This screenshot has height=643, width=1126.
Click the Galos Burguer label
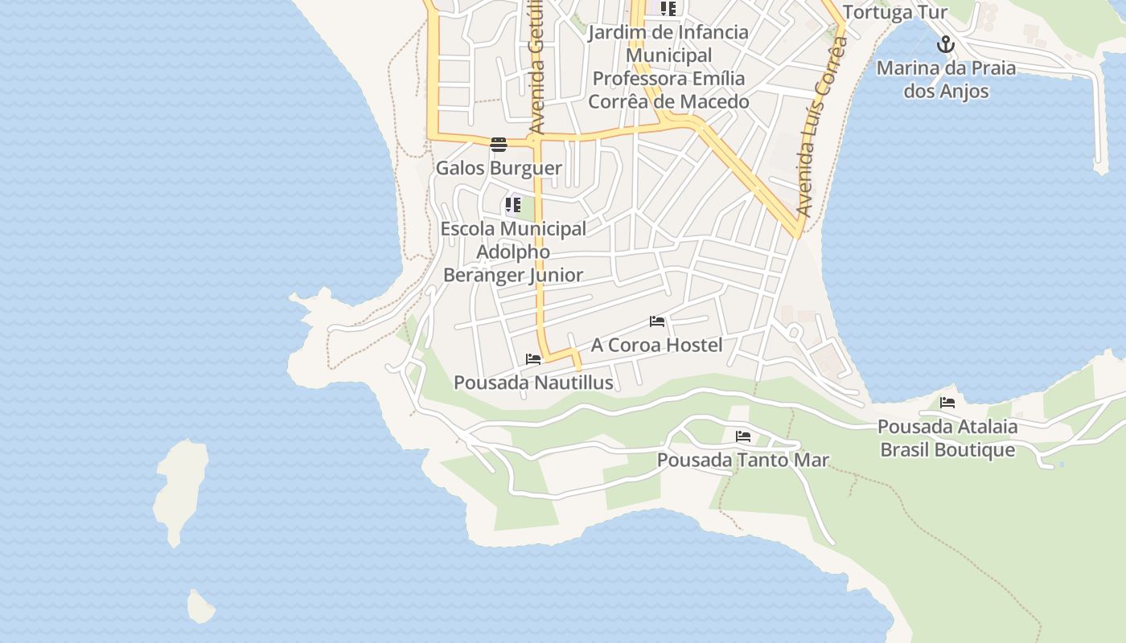coord(499,169)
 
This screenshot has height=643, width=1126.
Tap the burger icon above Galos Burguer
coord(499,145)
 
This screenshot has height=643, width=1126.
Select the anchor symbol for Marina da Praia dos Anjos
coord(946,44)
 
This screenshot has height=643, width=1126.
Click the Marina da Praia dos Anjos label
coord(946,80)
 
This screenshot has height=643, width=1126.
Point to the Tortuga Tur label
coord(895,13)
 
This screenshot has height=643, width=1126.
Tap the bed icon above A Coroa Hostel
coord(657,321)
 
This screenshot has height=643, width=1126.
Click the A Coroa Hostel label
coord(656,345)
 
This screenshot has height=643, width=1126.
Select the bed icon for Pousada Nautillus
coord(533,359)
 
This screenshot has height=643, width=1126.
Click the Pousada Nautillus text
coord(533,383)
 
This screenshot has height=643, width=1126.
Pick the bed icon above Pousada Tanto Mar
coord(743,436)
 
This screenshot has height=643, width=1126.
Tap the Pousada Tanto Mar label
coord(743,461)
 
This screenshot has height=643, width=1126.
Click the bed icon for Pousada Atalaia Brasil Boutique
coord(947,403)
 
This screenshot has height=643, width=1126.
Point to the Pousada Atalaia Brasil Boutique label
coord(947,438)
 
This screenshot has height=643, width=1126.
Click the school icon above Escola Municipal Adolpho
coord(513,205)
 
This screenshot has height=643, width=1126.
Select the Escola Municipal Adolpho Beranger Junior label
coord(513,252)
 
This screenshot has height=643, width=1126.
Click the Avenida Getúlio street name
coord(537,68)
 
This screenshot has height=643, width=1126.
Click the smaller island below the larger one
coord(201,608)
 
